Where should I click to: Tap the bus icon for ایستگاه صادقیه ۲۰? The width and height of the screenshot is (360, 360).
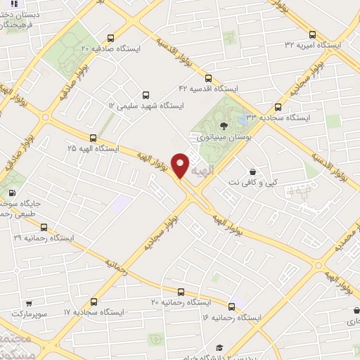click(x=110, y=39)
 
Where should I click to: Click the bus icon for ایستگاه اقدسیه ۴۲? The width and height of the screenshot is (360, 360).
click(x=207, y=78)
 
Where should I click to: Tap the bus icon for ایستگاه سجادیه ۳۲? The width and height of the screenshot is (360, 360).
click(x=277, y=108)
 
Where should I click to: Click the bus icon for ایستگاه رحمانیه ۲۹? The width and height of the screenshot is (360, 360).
click(x=44, y=227)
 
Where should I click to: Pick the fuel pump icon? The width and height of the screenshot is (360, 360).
click(x=11, y=193)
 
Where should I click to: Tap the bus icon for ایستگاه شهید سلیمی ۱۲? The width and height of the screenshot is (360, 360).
click(x=146, y=94)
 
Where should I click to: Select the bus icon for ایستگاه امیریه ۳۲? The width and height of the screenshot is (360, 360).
click(x=312, y=33)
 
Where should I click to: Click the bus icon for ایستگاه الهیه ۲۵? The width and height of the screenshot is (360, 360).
click(x=93, y=138)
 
